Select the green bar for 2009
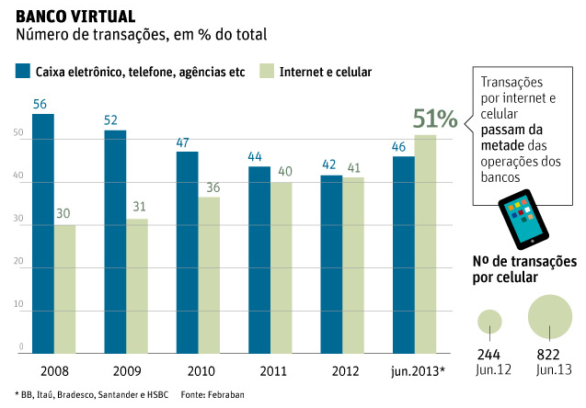(x=137, y=286)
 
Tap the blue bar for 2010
(x=188, y=252)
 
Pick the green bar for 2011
(x=282, y=267)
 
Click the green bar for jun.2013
(x=425, y=244)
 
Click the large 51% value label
(x=434, y=119)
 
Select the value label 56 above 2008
(x=40, y=104)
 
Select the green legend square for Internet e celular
(x=268, y=71)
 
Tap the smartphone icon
(x=522, y=220)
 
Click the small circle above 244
(x=489, y=321)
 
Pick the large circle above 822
(x=551, y=317)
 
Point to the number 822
(x=549, y=355)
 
